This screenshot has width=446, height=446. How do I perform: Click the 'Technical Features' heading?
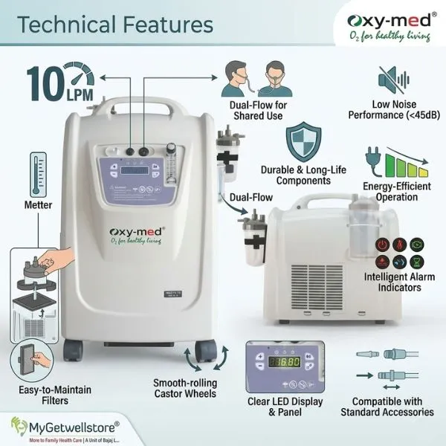click(116, 25)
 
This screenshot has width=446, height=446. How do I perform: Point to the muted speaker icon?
click(392, 80)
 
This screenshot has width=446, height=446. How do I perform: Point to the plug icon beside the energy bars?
click(372, 158)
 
